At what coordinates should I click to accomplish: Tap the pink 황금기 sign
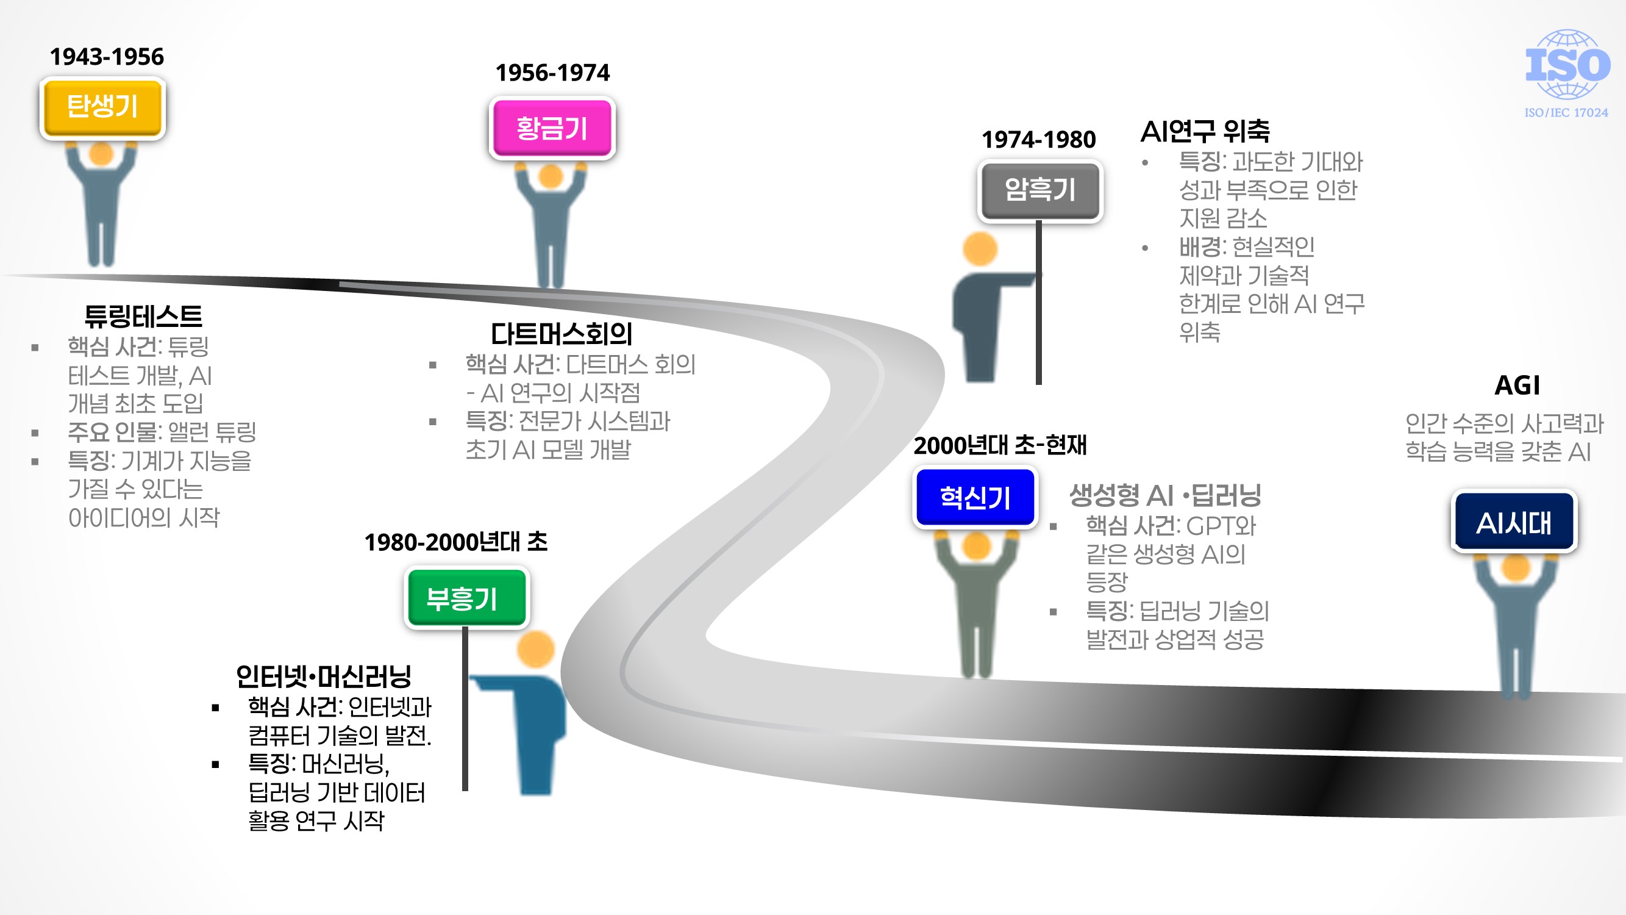[552, 128]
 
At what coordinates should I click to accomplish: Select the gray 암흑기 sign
[1039, 190]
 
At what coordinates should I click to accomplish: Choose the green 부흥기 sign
[466, 598]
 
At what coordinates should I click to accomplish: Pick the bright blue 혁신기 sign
[975, 498]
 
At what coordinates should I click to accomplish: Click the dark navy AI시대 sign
[1514, 523]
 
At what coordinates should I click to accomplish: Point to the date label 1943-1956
[107, 57]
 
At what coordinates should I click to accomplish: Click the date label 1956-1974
[552, 73]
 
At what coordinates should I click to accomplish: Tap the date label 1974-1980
[1038, 140]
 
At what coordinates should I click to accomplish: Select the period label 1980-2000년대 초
[456, 542]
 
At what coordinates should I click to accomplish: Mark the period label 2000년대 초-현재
[1000, 446]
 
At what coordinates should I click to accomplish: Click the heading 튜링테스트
[143, 316]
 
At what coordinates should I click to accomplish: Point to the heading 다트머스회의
[561, 334]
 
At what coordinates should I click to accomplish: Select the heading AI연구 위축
[1204, 131]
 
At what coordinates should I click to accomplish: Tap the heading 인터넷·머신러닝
[323, 676]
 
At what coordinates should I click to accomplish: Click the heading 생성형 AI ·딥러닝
[1164, 495]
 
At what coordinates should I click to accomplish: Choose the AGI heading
[1517, 385]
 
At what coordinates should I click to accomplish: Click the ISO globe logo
[1567, 65]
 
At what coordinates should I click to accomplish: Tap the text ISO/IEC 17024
[1566, 113]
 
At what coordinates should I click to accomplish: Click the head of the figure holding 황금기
[551, 177]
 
